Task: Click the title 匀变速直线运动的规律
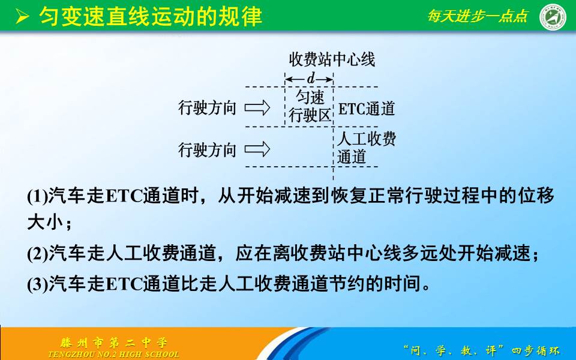151,16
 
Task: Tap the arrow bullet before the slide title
22,16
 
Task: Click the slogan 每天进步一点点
477,16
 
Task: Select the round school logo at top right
553,16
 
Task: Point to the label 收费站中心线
332,59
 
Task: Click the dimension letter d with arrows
310,79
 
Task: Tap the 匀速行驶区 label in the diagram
310,107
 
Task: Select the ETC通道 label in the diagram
367,109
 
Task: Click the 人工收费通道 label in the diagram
366,148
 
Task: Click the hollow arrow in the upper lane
259,109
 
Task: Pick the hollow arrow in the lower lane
259,149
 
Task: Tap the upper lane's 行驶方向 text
208,109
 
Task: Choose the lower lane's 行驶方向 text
208,149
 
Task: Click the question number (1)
38,196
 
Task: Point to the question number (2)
38,254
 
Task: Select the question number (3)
38,283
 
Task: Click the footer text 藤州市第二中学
114,343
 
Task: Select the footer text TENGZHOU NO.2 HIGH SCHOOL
113,354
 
